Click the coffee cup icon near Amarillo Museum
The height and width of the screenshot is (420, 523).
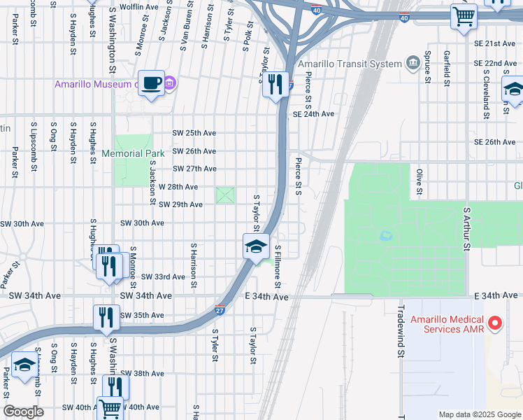pos(151,83)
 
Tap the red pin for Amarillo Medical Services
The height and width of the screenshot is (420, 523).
pos(495,323)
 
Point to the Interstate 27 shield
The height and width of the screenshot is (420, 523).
pos(289,86)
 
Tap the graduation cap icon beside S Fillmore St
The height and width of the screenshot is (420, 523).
pos(256,246)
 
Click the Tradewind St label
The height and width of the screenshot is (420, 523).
pos(401,332)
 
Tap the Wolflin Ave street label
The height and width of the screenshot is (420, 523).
pos(140,6)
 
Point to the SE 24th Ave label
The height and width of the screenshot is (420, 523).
pos(313,114)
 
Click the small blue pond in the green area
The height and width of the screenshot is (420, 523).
pos(385,237)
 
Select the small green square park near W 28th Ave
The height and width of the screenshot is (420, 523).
pos(225,195)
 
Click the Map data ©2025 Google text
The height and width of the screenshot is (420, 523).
pos(479,414)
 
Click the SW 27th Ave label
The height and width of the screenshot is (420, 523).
pos(194,169)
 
